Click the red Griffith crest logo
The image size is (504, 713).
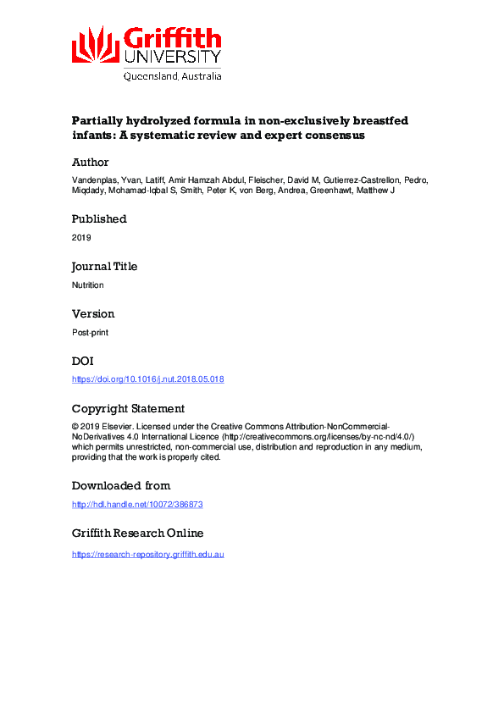coord(95,46)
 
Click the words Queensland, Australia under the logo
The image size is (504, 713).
coord(173,75)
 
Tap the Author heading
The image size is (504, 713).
coord(90,163)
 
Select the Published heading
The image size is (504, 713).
coord(99,218)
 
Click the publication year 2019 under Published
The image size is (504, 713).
coord(80,238)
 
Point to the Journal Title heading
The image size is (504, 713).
coord(104,266)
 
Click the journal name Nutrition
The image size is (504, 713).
coord(87,285)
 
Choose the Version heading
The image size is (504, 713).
coord(93,313)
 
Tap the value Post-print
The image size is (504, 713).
coord(90,333)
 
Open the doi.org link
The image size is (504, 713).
coord(147,379)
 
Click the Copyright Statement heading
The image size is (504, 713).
coord(128,408)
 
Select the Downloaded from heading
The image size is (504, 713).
coord(120,485)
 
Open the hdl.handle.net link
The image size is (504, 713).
coord(137,505)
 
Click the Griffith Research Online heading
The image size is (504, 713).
coord(137,533)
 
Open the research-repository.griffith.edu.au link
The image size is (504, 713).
coord(147,554)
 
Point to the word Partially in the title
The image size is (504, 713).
coord(100,121)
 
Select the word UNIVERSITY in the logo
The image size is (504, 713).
coord(172,57)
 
